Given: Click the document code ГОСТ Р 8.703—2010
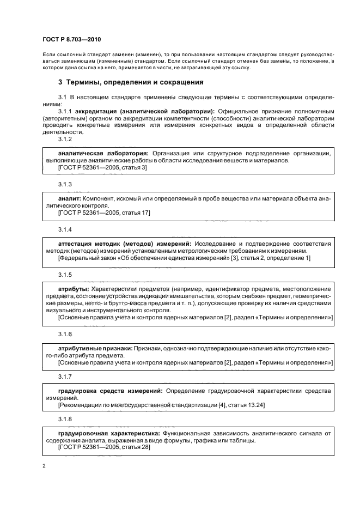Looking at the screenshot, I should click(71, 40).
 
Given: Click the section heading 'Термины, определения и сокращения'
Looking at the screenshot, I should click(135, 82).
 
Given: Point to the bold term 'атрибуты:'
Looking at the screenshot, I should click(74, 288).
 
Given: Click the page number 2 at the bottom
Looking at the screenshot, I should click(44, 466).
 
